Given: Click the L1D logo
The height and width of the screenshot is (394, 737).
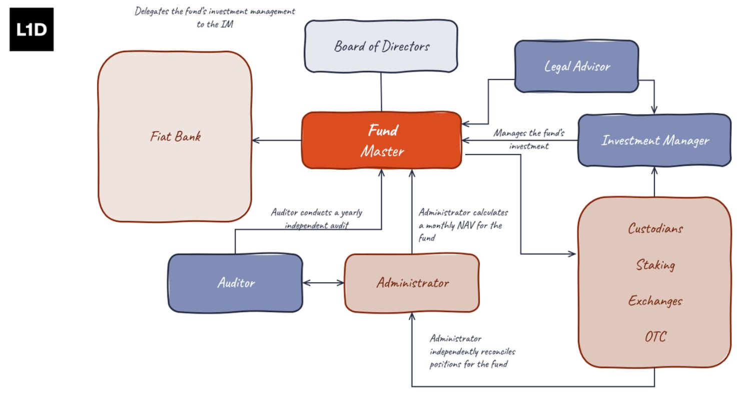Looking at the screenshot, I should pos(32,29).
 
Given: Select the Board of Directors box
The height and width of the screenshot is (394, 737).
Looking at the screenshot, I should pos(381,47).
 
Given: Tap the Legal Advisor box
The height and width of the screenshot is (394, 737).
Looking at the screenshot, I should pos(576,67).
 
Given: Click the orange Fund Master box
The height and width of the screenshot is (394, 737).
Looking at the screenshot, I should pos(381,140).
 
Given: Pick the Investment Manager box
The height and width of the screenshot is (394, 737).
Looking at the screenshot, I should pos(654,140).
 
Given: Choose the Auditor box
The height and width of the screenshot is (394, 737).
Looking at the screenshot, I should pos(236,283).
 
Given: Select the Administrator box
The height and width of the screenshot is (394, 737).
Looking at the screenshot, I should pos(412,283).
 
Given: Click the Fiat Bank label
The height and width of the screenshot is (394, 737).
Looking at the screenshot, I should pos(175,136).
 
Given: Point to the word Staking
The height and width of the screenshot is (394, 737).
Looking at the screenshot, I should pos(655,265).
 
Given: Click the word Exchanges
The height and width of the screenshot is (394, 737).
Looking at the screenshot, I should pos(655,301).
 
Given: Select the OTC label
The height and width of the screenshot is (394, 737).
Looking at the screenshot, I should pos(655,337).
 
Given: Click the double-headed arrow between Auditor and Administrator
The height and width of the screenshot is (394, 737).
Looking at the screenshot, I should pos(324,283).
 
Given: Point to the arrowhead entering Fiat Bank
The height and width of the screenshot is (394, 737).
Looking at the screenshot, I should pos(256,140).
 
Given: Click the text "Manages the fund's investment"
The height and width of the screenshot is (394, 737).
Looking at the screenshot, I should pos(529,140).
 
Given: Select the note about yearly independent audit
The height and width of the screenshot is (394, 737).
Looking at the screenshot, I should pos(316,219).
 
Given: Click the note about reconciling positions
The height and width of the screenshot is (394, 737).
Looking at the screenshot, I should pos(472,351).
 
